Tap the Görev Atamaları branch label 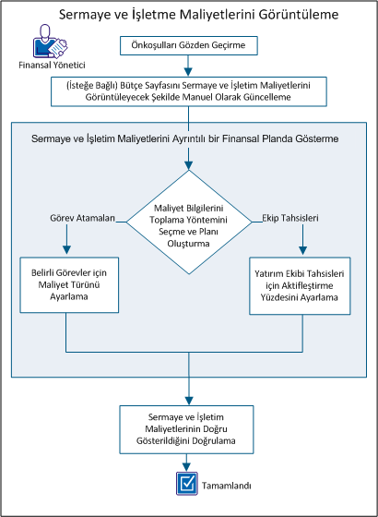click(x=82, y=218)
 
